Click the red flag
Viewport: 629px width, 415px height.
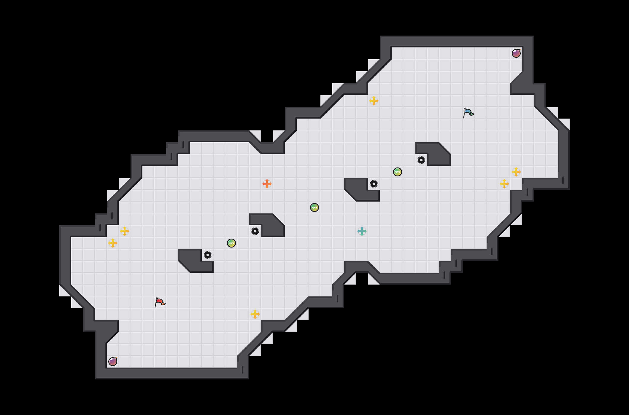[160, 302]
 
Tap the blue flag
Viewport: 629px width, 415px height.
[468, 113]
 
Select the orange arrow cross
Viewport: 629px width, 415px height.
[267, 184]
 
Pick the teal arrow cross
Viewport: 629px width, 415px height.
[362, 231]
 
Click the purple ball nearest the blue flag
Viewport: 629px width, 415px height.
[516, 53]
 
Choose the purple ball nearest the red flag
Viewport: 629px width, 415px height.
[113, 362]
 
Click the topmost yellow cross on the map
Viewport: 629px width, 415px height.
[374, 101]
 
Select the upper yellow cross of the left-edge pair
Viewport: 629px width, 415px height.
[125, 231]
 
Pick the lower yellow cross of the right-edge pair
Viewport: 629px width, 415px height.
[504, 184]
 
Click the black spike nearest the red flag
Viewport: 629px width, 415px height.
[208, 255]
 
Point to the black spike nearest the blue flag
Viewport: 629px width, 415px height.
[421, 160]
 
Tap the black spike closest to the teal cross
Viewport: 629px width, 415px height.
[374, 184]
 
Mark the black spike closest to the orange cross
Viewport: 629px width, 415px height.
[255, 231]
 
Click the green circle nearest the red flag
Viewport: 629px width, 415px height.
[231, 243]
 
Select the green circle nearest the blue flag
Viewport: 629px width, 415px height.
[398, 172]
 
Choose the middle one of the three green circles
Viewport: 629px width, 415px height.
[314, 207]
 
